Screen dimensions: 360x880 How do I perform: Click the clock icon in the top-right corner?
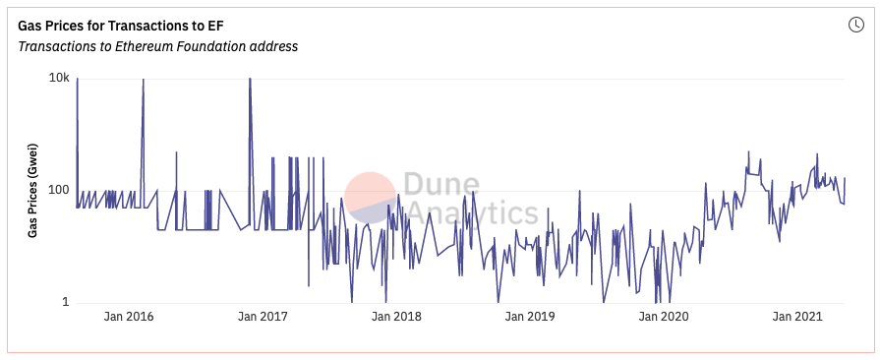click(855, 25)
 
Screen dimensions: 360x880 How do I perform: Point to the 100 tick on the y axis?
click(58, 190)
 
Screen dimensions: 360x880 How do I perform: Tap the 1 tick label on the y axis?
click(65, 302)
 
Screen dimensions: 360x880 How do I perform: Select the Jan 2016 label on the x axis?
click(129, 317)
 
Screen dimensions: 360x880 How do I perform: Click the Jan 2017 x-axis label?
click(263, 317)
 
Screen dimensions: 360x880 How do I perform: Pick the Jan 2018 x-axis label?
click(396, 317)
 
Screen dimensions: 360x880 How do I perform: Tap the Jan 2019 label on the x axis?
click(530, 317)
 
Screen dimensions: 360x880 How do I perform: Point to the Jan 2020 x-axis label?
click(664, 317)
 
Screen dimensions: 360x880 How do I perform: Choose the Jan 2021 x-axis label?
click(797, 317)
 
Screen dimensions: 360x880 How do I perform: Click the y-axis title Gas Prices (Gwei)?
click(32, 191)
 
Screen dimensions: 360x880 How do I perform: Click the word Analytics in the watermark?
click(472, 212)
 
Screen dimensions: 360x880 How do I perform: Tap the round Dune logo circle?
click(371, 197)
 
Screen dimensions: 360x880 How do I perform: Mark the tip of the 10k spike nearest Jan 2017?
click(250, 79)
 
